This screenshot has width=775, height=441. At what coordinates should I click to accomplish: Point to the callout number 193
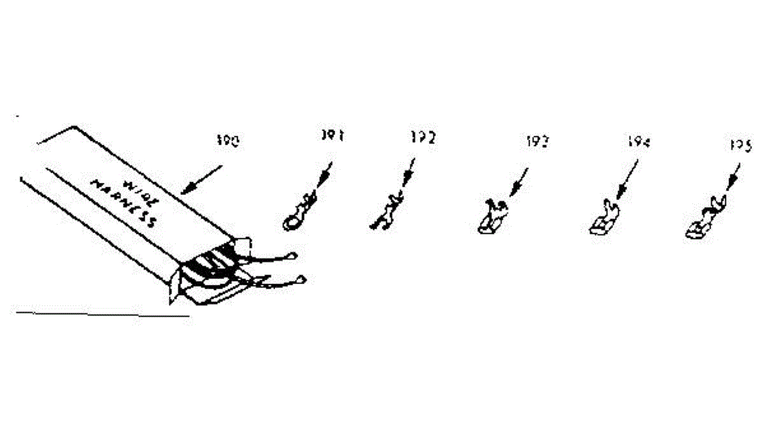click(x=537, y=141)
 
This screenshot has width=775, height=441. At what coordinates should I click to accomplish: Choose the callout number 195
click(x=742, y=147)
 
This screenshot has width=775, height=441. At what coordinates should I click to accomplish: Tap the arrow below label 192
click(x=408, y=175)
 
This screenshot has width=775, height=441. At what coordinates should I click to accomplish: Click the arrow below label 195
click(x=732, y=177)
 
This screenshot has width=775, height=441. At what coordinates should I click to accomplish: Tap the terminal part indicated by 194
click(x=602, y=218)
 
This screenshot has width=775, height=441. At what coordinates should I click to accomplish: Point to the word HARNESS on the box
click(x=124, y=202)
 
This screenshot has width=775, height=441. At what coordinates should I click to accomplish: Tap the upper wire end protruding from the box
click(x=293, y=256)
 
